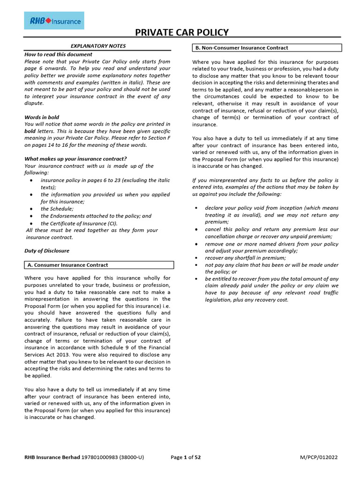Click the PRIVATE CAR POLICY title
[x=182, y=32]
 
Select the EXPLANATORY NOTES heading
[x=98, y=46]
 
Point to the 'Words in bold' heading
[x=42, y=117]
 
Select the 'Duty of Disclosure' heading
[x=47, y=251]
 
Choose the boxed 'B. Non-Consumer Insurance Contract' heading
[x=242, y=48]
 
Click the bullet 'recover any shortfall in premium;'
[x=245, y=258]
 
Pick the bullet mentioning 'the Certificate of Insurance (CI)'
[x=79, y=223]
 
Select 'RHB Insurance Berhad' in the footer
[x=52, y=458]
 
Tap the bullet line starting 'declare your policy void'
[x=271, y=208]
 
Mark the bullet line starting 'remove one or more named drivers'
[x=271, y=244]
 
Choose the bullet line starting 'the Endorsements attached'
[x=96, y=216]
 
